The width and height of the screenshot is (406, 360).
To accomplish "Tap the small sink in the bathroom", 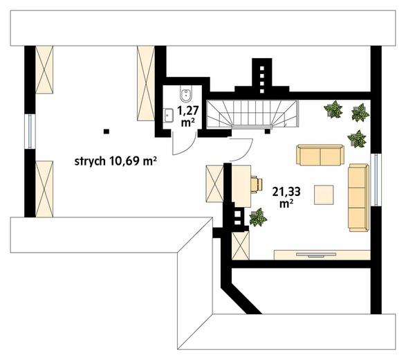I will click(x=168, y=114).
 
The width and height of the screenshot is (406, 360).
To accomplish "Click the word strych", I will click(x=89, y=162).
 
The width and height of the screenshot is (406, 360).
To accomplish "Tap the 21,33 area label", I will click(x=283, y=191).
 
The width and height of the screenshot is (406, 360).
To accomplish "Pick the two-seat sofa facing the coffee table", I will click(x=320, y=154).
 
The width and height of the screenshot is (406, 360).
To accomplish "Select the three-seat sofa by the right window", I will click(x=358, y=198).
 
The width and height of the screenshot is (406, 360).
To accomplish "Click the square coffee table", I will click(x=324, y=195).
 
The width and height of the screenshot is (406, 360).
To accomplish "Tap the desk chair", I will click(x=258, y=184).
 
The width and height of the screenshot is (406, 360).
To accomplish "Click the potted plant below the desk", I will click(x=258, y=219).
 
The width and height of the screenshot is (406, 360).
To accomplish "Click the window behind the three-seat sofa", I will click(x=373, y=179).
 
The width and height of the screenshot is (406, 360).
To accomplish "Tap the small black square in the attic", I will click(x=106, y=130).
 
